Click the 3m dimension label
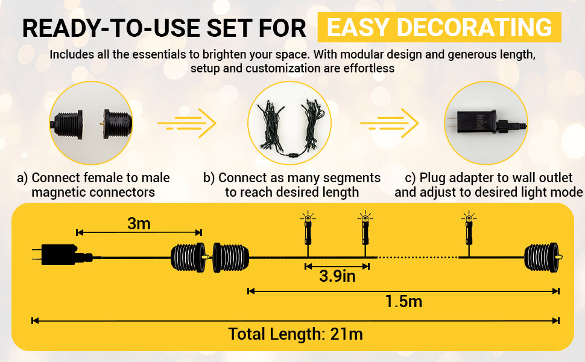point(139,224)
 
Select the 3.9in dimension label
point(337,276)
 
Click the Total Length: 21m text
point(296,334)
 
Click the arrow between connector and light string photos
point(187,124)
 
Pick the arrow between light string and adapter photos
point(389,124)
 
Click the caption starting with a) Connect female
point(93,185)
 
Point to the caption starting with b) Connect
point(292,185)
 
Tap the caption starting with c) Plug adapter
point(488,185)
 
